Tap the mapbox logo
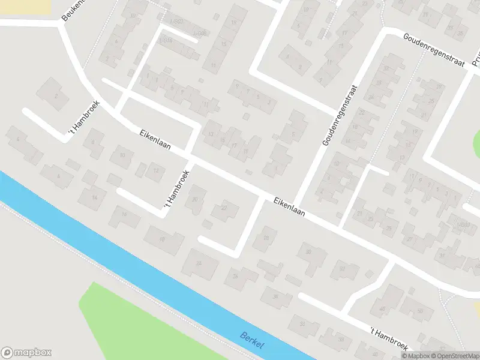[26, 353]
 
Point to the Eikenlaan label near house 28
[290, 207]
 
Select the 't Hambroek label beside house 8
[85, 118]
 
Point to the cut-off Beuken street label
[73, 10]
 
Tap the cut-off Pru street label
[475, 57]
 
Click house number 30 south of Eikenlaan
[308, 253]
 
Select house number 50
[420, 310]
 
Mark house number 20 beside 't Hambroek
[194, 199]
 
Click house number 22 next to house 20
[224, 208]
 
